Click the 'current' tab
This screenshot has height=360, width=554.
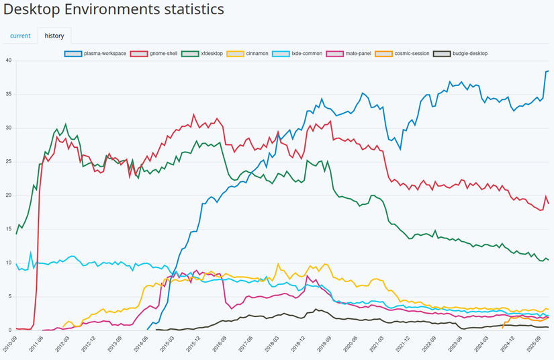pos(20,36)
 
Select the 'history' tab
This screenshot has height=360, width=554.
pos(54,36)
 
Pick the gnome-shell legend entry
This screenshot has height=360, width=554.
pos(154,53)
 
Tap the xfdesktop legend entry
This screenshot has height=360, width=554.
pos(203,53)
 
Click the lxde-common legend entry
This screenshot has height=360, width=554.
pos(297,53)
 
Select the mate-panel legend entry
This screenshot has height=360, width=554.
pos(349,53)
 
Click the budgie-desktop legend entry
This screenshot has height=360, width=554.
pos(461,53)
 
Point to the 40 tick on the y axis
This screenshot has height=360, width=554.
pos(9,60)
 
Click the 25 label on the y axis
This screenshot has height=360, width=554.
pos(9,162)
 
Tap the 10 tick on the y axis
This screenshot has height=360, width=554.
pos(9,263)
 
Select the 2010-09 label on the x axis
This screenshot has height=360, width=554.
pos(8,344)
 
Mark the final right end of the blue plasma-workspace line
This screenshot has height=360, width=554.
pos(548,71)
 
